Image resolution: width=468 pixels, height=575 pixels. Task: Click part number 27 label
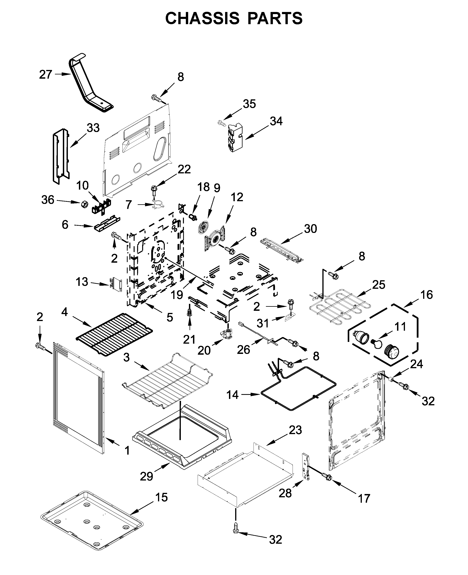[46, 74]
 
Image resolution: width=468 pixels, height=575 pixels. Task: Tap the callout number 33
[93, 128]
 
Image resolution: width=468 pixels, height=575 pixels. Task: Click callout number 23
[295, 430]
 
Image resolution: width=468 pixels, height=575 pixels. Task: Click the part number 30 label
[310, 229]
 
